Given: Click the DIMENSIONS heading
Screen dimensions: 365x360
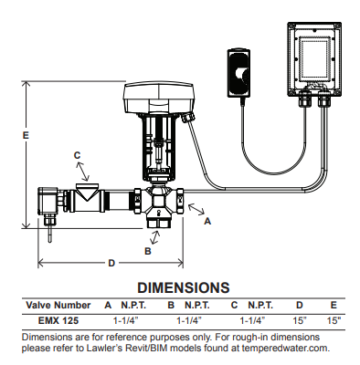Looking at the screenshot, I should pyautogui.click(x=182, y=287).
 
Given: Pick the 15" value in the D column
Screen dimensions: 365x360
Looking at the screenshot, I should pyautogui.click(x=297, y=320).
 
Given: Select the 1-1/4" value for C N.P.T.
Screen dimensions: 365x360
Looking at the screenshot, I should pyautogui.click(x=252, y=320).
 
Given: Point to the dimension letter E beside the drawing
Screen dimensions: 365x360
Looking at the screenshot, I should pyautogui.click(x=26, y=135).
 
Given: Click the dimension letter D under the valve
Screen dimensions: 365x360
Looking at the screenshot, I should pyautogui.click(x=111, y=263).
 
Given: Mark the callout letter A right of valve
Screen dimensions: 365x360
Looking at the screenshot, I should pyautogui.click(x=207, y=220).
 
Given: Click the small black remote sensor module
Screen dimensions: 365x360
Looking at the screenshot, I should pyautogui.click(x=236, y=73).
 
